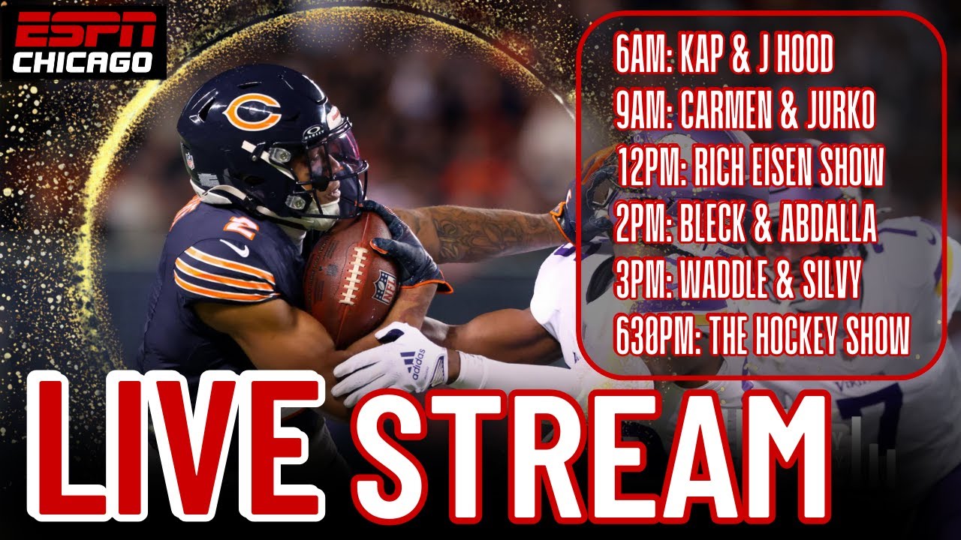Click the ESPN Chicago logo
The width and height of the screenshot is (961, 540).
point(83,42)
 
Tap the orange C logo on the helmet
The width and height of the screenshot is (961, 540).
point(252,112)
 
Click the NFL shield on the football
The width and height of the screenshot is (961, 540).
point(385,287)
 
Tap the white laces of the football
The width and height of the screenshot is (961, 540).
point(353,275)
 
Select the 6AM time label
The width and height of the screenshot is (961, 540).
point(643,54)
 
